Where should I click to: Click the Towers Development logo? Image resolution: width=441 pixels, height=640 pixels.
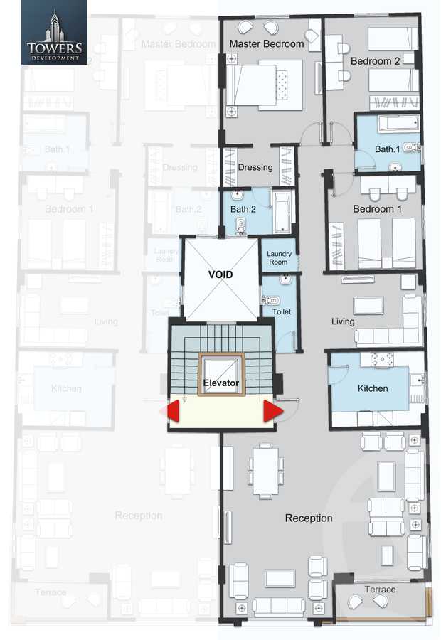tap(54, 33)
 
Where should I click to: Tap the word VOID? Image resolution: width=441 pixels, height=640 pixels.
tap(220, 274)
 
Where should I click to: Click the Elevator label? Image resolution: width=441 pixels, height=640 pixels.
tap(220, 385)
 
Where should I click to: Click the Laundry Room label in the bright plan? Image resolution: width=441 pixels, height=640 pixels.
tap(278, 258)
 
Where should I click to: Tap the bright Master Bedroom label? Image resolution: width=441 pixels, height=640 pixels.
tap(266, 44)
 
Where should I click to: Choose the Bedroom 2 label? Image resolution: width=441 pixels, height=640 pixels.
tap(375, 61)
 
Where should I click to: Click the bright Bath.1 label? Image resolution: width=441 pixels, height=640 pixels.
tap(387, 149)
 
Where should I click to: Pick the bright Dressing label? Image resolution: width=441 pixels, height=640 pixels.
tap(255, 168)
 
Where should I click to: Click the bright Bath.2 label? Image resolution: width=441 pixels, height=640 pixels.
tap(243, 209)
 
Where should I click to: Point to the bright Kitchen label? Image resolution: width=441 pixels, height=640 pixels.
tap(373, 388)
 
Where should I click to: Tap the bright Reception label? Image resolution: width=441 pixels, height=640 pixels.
tap(309, 518)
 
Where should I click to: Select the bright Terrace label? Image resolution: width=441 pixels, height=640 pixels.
tap(380, 590)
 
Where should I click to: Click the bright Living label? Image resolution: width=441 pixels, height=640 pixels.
tap(343, 321)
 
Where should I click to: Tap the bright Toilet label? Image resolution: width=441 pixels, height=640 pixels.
tap(282, 311)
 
